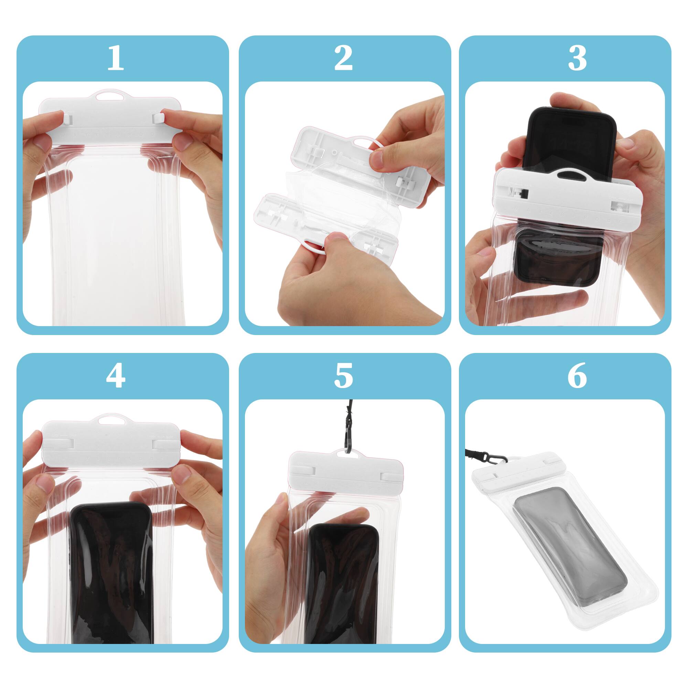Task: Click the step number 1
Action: [x=115, y=58]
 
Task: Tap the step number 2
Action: [x=343, y=58]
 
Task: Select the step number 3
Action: [x=577, y=58]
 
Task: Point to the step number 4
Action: [x=115, y=376]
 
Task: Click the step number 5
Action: [x=343, y=376]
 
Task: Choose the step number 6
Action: [x=577, y=376]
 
